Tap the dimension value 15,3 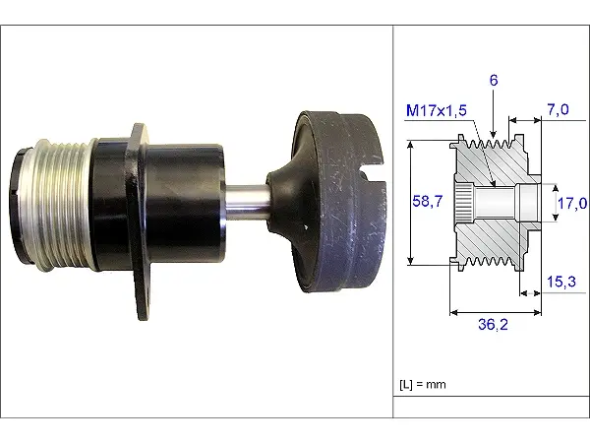click(563, 282)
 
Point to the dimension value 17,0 click(573, 203)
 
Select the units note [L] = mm click(424, 384)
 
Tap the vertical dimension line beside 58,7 click(410, 203)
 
